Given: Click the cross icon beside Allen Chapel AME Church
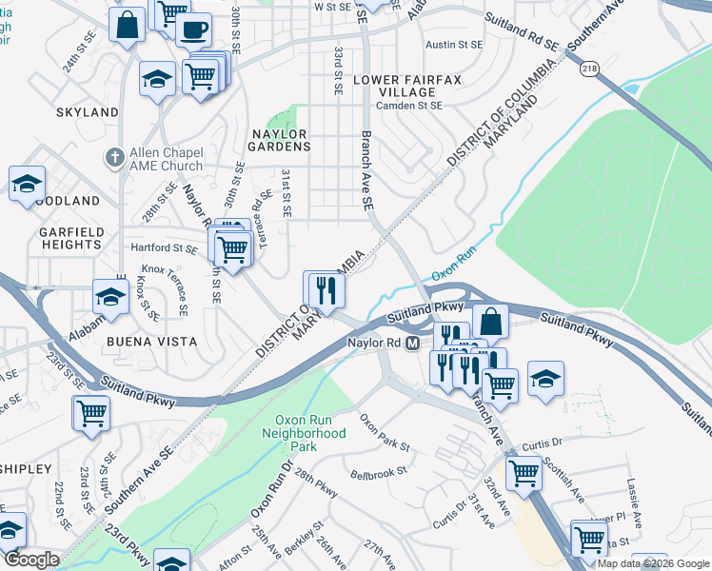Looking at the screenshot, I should tap(114, 156).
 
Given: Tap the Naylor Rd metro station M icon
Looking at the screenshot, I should tap(413, 343).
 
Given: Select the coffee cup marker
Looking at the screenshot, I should tap(193, 29).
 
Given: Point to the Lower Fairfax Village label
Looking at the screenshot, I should tap(395, 86).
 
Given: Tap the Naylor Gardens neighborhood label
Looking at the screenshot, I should tap(280, 140).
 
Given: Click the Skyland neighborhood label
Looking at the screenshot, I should tap(88, 112).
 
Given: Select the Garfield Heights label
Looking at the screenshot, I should tap(70, 239).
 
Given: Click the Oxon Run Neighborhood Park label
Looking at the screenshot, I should tap(304, 432).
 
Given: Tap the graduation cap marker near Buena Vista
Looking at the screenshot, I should tap(111, 297).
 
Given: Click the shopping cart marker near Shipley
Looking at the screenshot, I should tap(91, 413).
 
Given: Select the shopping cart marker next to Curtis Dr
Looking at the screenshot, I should tap(524, 473).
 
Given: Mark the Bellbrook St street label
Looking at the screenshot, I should tap(378, 470).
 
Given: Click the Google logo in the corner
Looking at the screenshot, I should tap(31, 560).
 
